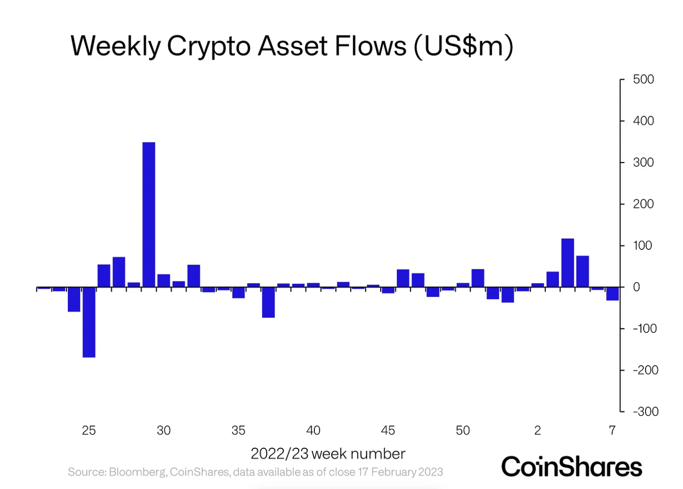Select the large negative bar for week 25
pyautogui.click(x=89, y=322)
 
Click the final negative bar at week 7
pyautogui.click(x=612, y=294)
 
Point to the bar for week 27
pyautogui.click(x=119, y=272)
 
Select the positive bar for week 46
pyautogui.click(x=403, y=278)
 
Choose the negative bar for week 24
pyautogui.click(x=74, y=299)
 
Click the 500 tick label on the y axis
pyautogui.click(x=643, y=80)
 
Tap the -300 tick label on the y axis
pyautogui.click(x=645, y=411)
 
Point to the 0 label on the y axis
pyautogui.click(x=636, y=287)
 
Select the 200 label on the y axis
pyautogui.click(x=643, y=204)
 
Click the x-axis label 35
pyautogui.click(x=238, y=430)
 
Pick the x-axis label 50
pyautogui.click(x=463, y=430)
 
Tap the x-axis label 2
pyautogui.click(x=537, y=430)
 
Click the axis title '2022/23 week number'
pyautogui.click(x=327, y=454)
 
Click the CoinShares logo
pyautogui.click(x=571, y=467)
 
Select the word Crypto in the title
pyautogui.click(x=209, y=47)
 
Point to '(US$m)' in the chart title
pyautogui.click(x=463, y=47)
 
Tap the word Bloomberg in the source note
pyautogui.click(x=138, y=472)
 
